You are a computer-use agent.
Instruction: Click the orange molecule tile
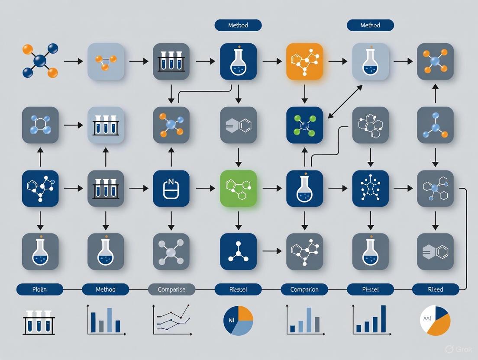pos(304,61)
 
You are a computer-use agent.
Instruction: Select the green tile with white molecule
pos(238,188)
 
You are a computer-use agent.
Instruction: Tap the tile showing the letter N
pos(171,188)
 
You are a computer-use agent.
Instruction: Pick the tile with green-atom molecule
pos(304,125)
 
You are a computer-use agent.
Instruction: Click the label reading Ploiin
pos(40,289)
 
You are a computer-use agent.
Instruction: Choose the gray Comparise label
pos(171,289)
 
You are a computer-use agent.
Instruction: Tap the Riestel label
pos(238,289)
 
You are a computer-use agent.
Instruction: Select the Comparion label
pos(304,289)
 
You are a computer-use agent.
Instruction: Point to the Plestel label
pos(370,289)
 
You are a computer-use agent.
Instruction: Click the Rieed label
pos(436,289)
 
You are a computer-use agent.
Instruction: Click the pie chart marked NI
pos(238,321)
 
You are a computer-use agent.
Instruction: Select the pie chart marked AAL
pos(436,321)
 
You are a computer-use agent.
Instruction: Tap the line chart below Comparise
pos(172,320)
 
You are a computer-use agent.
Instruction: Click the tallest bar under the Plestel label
pos(383,318)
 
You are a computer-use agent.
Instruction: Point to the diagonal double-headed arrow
pos(345,101)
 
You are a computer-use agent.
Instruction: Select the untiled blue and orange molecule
pos(40,61)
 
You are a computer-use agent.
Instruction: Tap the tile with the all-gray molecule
pos(171,252)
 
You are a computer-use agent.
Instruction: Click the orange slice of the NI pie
pos(245,313)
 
